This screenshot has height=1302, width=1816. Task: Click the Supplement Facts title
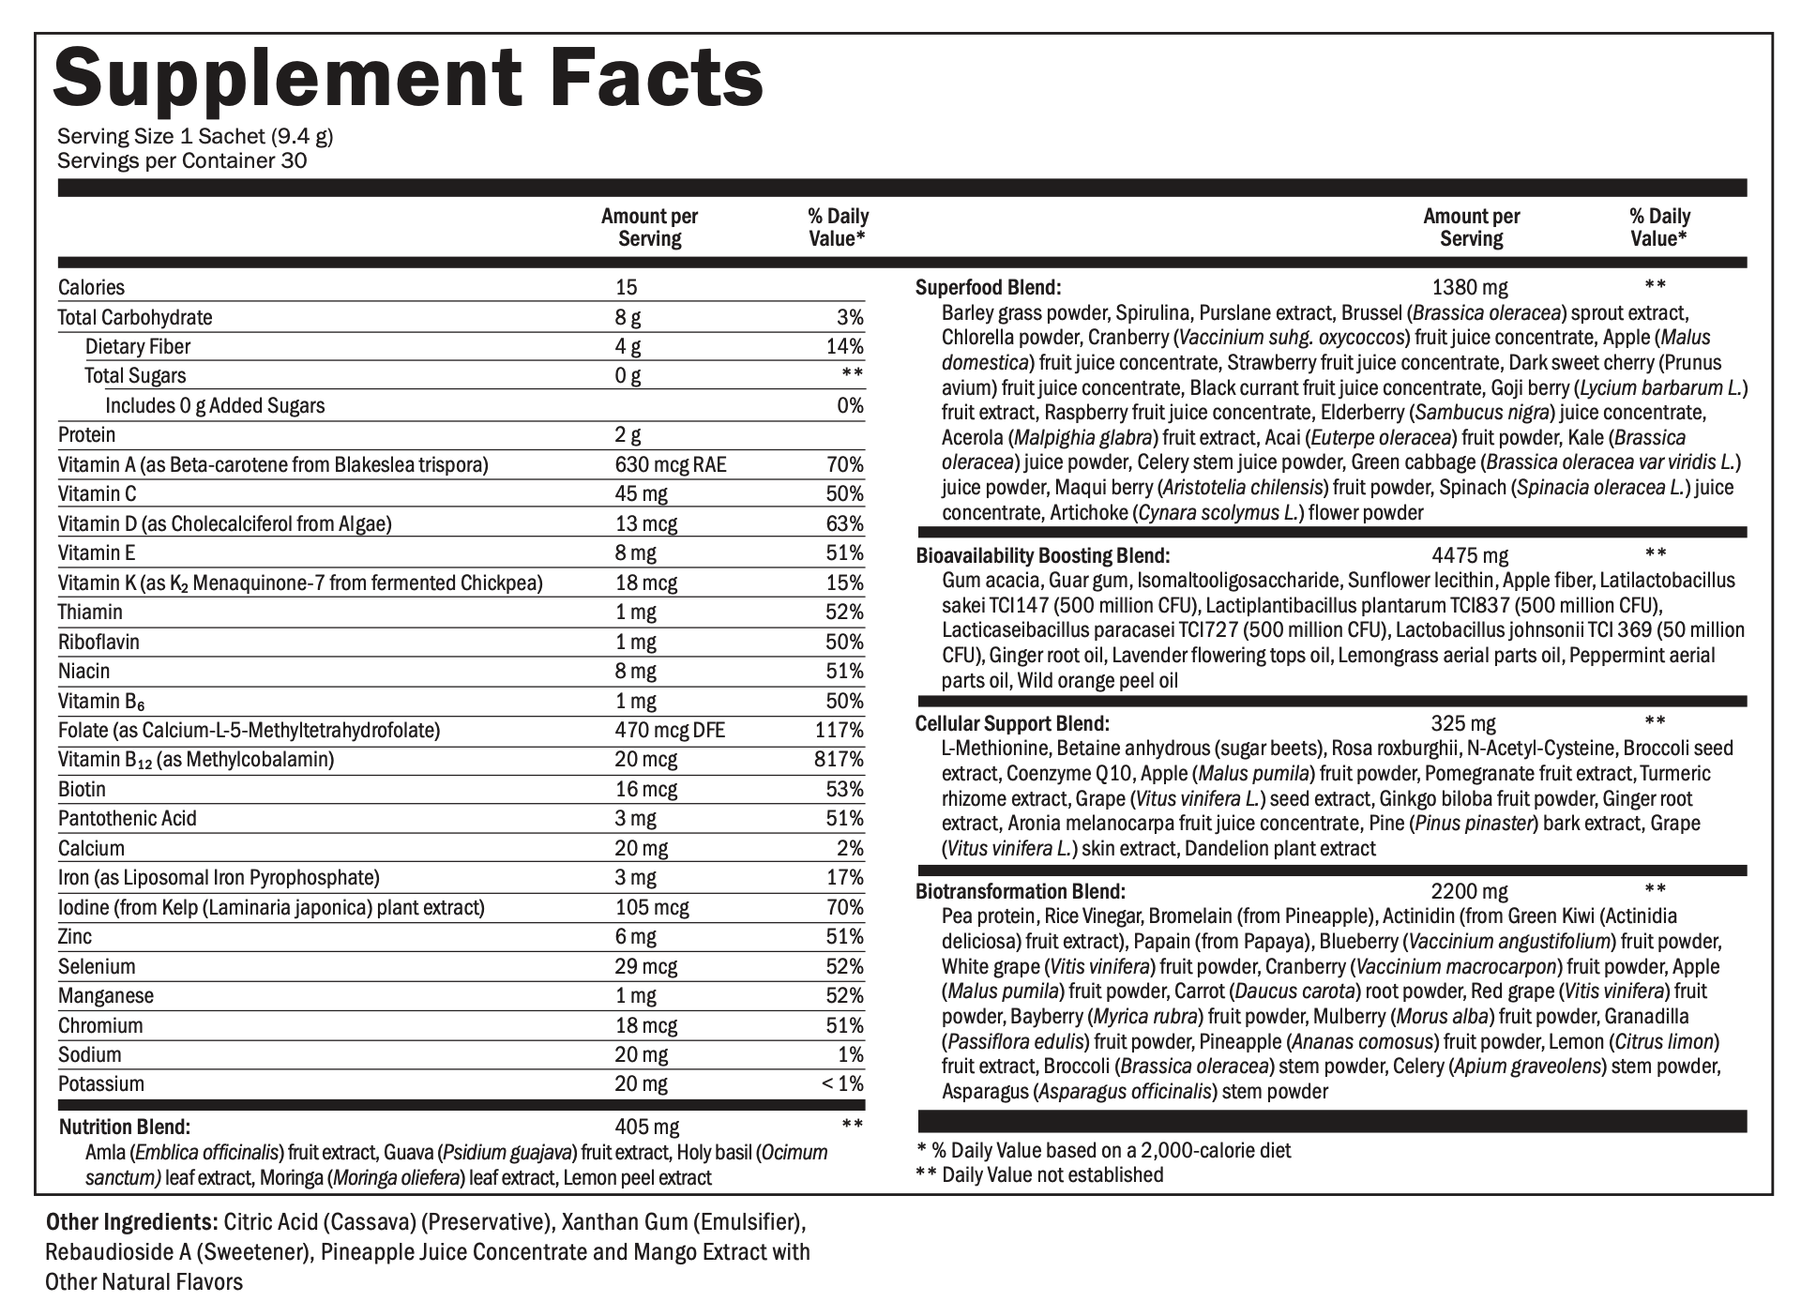tap(409, 78)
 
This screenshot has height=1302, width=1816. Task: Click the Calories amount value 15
tap(626, 288)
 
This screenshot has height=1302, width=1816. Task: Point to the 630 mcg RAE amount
tap(670, 464)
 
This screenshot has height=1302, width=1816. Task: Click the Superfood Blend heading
tap(988, 288)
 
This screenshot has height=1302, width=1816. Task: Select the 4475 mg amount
tap(1470, 556)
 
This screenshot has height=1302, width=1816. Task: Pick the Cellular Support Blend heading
tap(1012, 723)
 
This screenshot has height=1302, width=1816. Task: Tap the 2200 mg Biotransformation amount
tap(1470, 891)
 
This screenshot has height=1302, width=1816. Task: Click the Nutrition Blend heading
tap(125, 1127)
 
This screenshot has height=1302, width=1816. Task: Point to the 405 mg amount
tap(647, 1127)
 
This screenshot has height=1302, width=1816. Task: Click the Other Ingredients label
tap(130, 1223)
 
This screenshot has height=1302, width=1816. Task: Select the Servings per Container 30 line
tap(182, 160)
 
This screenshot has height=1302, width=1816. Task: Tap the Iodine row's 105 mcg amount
tap(651, 907)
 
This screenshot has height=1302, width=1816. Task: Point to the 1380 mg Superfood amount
tap(1470, 288)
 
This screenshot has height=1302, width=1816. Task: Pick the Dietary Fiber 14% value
tap(845, 347)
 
